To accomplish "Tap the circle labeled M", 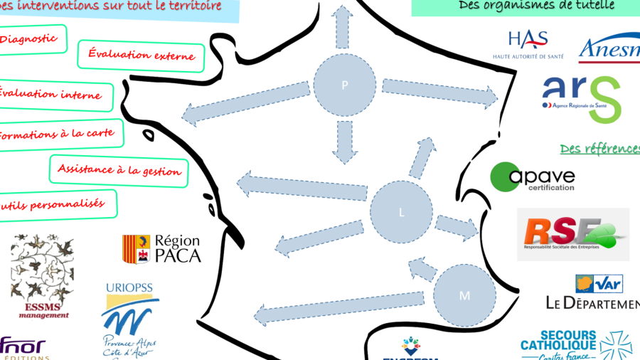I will [x=464, y=295].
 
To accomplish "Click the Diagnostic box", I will [x=33, y=40].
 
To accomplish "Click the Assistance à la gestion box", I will [x=119, y=171].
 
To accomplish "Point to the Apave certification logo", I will [x=533, y=177].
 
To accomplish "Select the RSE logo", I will [x=572, y=233].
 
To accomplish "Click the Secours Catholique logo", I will [x=576, y=344].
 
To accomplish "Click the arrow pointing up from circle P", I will [x=343, y=26].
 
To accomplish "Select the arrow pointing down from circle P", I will [x=345, y=140].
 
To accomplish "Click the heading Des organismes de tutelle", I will [x=526, y=6].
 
